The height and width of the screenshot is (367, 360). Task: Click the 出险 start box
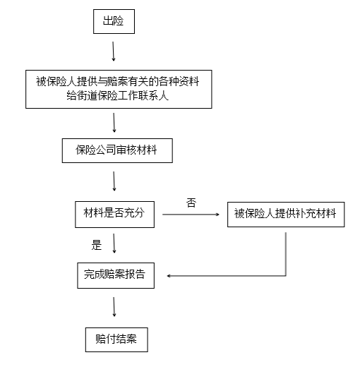click(x=113, y=22)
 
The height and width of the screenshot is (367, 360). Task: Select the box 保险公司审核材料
click(x=115, y=150)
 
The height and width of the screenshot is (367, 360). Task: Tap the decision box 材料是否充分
click(x=114, y=214)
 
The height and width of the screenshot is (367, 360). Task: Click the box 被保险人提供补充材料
click(x=286, y=214)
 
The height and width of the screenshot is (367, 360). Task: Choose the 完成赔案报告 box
click(x=114, y=275)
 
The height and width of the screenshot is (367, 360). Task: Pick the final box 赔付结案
click(x=116, y=338)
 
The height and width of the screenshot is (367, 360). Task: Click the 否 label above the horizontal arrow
click(x=191, y=203)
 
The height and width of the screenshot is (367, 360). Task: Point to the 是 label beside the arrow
click(x=97, y=245)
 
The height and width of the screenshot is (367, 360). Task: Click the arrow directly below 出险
click(x=113, y=52)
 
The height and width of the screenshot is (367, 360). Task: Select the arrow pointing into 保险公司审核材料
click(x=114, y=123)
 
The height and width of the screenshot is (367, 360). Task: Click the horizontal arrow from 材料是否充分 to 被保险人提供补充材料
click(x=191, y=215)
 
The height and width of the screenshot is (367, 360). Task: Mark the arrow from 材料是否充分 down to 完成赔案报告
click(x=114, y=244)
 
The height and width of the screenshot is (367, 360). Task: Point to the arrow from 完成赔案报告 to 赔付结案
click(x=114, y=306)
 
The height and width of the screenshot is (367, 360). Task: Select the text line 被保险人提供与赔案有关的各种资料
click(x=117, y=80)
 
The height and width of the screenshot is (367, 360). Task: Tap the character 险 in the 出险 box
click(x=119, y=22)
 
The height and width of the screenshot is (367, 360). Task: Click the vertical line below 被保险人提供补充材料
click(x=286, y=251)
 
